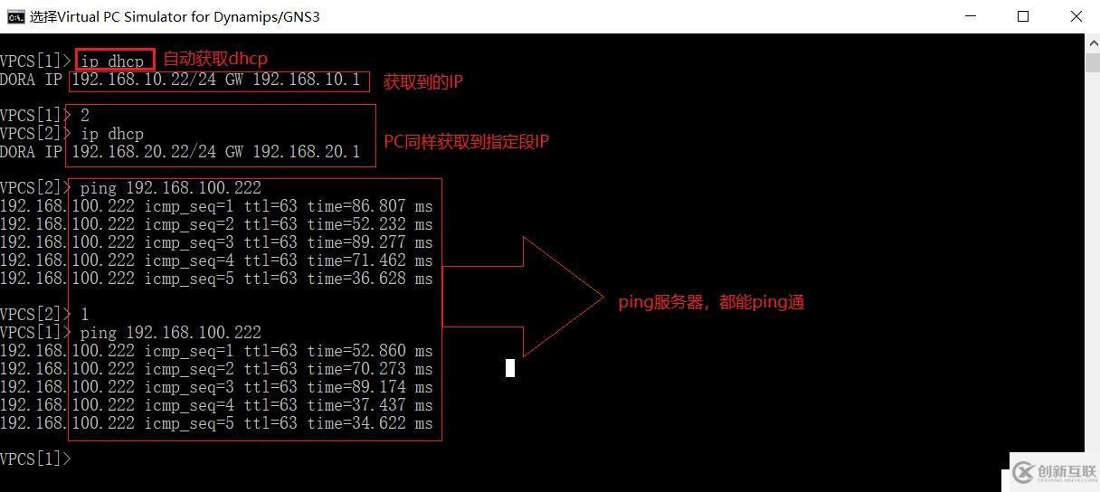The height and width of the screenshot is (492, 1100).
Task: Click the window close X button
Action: click(1076, 16)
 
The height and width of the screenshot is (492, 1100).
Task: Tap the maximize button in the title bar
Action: click(1023, 16)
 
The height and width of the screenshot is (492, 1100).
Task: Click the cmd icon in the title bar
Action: click(15, 16)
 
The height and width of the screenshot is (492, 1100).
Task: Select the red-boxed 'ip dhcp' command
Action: click(113, 61)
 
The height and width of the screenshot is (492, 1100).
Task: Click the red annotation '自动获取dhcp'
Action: click(215, 60)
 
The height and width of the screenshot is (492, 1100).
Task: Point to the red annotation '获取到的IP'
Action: click(423, 82)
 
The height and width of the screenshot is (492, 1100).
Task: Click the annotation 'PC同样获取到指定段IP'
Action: click(467, 142)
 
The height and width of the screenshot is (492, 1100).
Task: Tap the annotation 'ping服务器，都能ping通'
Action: click(711, 303)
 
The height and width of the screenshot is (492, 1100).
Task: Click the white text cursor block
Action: click(510, 367)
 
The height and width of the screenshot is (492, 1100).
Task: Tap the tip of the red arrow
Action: click(602, 297)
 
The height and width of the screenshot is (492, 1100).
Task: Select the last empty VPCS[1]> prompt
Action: click(35, 459)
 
